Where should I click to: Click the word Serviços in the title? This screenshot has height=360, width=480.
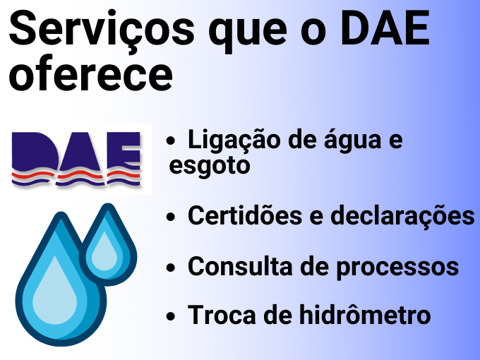point(102,28)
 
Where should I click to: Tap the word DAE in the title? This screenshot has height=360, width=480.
point(385,28)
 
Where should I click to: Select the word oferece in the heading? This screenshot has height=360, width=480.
point(91,74)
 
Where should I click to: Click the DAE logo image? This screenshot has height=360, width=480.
point(76,159)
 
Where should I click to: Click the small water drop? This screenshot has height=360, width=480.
point(108,245)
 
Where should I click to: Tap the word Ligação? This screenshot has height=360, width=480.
point(234,140)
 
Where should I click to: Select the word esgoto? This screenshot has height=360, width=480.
point(210,166)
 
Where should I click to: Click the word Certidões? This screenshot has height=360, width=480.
point(245,215)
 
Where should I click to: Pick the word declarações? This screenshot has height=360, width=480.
point(402,216)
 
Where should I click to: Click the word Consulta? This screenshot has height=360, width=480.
point(240,265)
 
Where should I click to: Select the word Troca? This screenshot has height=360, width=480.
point(222,314)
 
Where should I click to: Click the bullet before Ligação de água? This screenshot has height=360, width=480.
point(171,141)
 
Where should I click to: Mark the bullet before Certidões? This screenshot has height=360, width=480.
point(171,217)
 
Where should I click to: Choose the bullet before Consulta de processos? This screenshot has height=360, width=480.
point(171,268)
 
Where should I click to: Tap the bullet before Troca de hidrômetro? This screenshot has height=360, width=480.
point(171,316)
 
